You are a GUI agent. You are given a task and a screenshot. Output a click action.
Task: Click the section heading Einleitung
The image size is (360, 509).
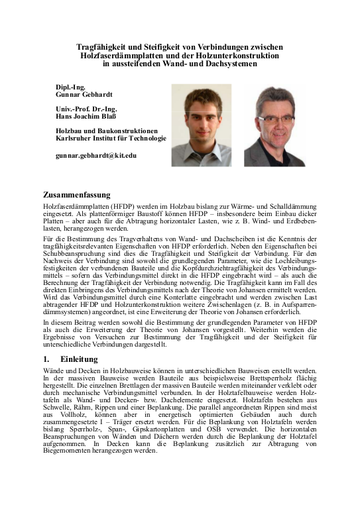[79, 359]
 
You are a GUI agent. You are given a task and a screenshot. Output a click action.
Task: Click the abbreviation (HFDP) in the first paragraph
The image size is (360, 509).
[113, 207]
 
